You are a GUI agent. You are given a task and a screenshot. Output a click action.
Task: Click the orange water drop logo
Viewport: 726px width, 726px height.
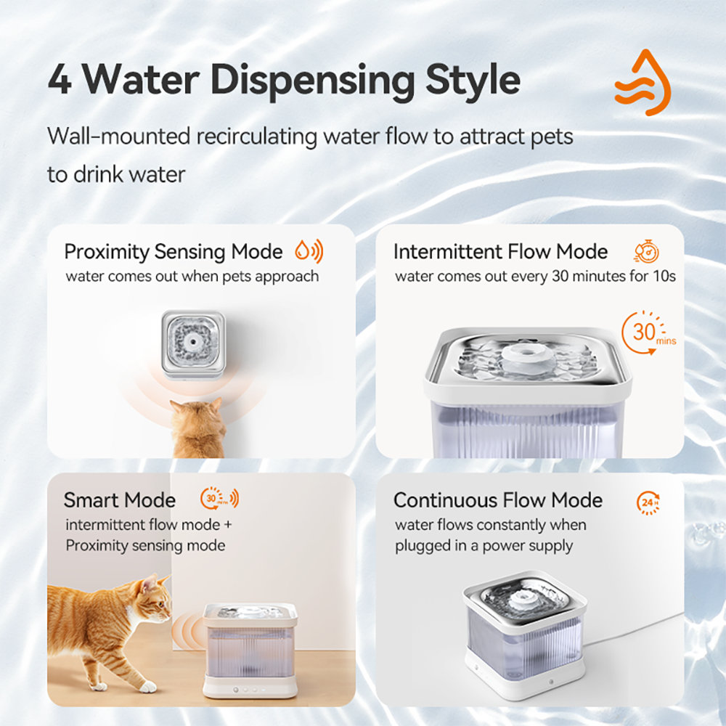tap(643, 83)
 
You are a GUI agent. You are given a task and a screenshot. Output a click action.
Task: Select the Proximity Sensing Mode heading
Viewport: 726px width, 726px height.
tap(173, 252)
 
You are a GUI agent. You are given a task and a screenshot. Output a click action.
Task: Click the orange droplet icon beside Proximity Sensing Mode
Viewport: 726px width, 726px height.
tap(302, 252)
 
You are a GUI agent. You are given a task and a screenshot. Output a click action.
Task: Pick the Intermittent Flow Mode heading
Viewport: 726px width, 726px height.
tap(500, 252)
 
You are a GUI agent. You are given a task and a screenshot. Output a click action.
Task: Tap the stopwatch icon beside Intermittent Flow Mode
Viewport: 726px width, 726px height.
tap(646, 251)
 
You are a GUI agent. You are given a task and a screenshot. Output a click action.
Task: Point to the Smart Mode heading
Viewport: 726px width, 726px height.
tap(120, 500)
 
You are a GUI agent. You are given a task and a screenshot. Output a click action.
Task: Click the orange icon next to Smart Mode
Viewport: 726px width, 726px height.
tap(219, 499)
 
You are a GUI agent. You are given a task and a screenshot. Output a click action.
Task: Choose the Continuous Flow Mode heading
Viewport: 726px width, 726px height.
tap(497, 500)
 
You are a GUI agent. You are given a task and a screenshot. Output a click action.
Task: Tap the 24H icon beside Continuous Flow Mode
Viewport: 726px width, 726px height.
tap(648, 502)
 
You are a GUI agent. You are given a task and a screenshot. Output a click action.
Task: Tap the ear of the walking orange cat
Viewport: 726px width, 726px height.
tap(151, 583)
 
